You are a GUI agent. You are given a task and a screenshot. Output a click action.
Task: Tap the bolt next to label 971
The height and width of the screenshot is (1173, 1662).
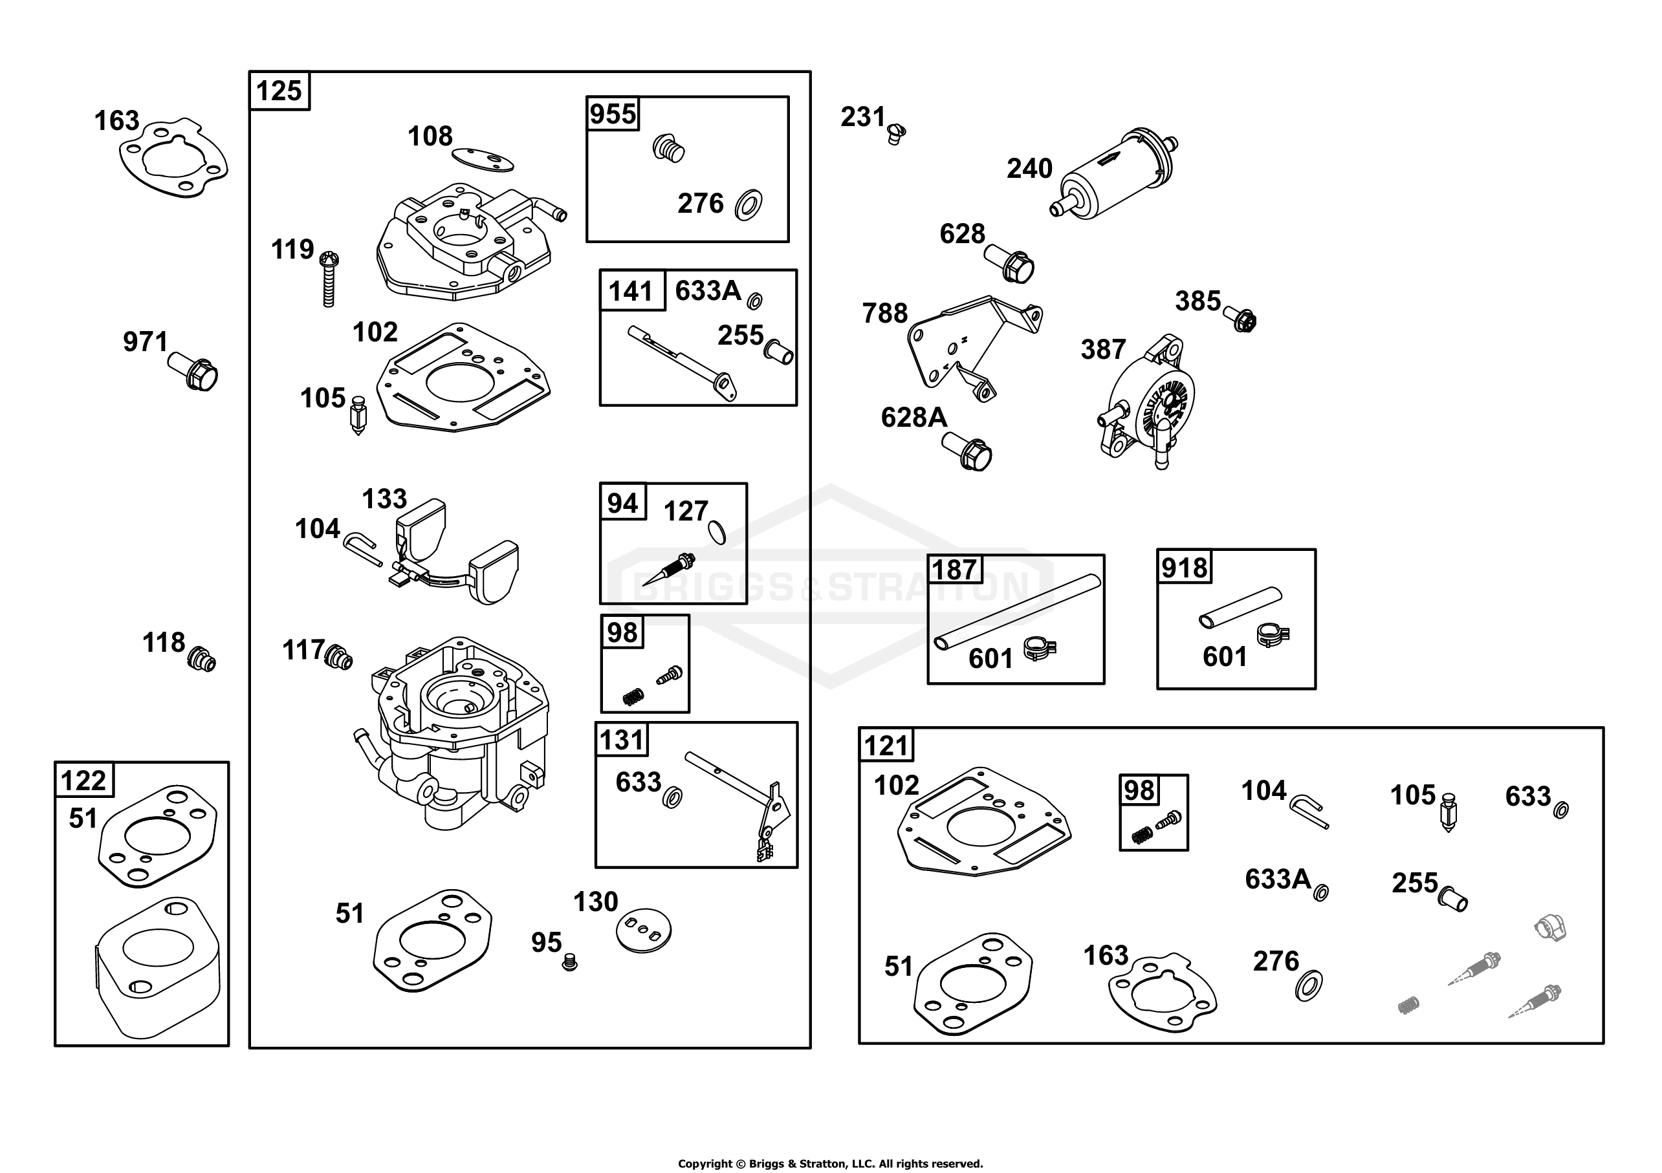(x=193, y=371)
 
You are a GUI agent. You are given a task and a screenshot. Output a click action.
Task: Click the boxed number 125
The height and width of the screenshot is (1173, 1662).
(x=279, y=91)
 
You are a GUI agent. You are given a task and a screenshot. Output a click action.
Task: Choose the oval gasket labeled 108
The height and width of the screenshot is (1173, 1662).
(x=483, y=159)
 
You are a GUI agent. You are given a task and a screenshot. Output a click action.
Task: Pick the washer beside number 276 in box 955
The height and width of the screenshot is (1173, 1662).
(x=748, y=206)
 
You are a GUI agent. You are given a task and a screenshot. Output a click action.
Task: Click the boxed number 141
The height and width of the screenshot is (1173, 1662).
(x=632, y=291)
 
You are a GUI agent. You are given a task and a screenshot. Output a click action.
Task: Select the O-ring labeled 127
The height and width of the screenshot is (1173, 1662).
(x=717, y=533)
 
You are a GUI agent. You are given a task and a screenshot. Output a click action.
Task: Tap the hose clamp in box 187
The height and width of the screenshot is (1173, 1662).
(x=1040, y=649)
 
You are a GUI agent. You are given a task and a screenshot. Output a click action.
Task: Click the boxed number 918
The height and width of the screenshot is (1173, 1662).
(x=1185, y=566)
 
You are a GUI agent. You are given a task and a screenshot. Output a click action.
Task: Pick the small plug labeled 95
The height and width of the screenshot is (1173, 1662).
(x=570, y=962)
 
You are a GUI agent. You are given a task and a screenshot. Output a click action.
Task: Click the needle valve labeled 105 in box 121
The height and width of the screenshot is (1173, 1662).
(x=1449, y=811)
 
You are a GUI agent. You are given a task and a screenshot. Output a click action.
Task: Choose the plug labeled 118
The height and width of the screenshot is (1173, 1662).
(x=201, y=660)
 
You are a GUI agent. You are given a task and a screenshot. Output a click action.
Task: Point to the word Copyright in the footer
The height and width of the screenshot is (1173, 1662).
(x=705, y=1163)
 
